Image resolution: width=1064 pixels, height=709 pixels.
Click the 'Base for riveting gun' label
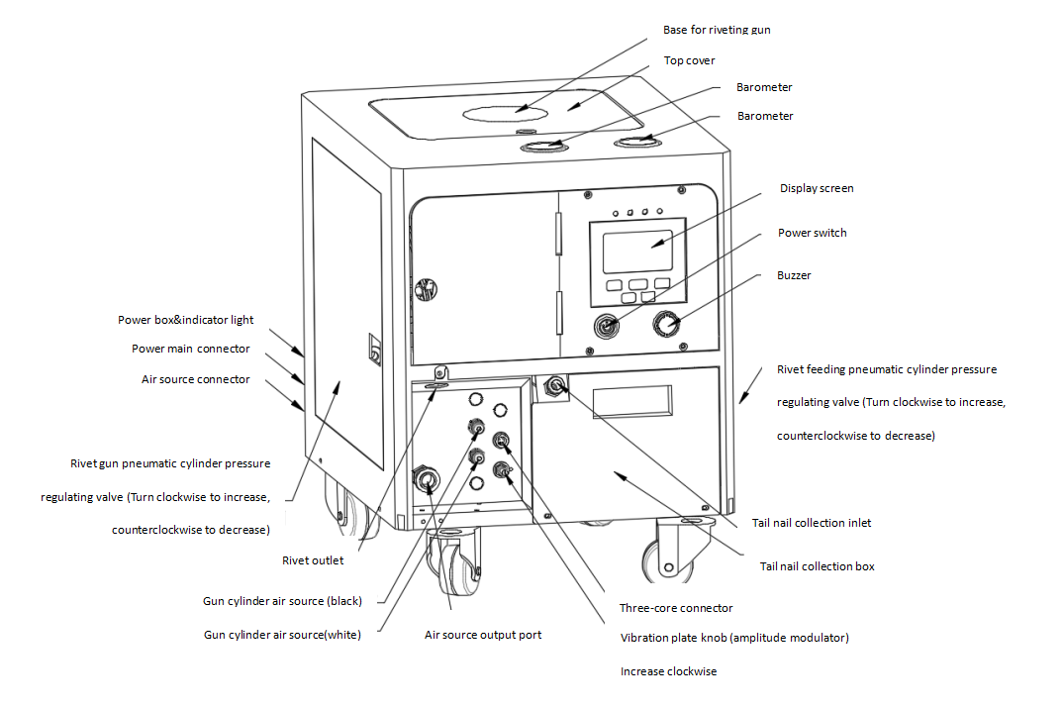716,30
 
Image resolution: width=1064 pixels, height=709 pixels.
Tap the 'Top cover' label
689,60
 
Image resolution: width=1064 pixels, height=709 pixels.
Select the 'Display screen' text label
816,188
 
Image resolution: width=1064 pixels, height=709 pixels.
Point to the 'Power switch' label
812,233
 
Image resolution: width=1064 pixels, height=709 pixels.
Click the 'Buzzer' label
793,275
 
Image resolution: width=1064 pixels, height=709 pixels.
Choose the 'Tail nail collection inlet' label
811,523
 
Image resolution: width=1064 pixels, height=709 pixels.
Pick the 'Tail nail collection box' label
817,566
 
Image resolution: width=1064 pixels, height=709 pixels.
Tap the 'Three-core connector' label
675,608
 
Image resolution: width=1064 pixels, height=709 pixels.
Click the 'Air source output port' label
482,635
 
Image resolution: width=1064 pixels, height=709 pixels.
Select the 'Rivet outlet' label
313,560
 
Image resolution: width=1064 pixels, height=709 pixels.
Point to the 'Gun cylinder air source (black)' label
282,601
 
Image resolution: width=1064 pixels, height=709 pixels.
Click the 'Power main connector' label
190,349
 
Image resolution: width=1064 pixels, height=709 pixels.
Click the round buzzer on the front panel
666,323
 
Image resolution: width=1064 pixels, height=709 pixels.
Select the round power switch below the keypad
606,324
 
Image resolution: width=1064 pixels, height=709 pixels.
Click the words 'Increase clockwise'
668,671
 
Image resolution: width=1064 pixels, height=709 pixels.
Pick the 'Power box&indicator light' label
185,320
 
